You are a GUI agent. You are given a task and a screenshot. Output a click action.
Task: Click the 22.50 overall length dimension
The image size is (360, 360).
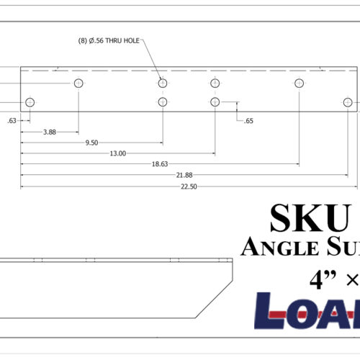tap(189, 186)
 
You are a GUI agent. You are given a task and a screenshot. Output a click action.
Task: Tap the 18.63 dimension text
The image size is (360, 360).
tap(159, 164)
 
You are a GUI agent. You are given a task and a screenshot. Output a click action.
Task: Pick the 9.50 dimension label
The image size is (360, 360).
tap(91, 143)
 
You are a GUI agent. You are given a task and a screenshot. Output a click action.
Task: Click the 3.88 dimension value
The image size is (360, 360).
tap(50, 132)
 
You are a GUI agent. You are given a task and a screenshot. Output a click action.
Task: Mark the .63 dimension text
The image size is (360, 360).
tap(12, 121)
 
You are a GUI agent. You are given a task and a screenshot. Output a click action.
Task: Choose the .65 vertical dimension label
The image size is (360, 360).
tap(248, 121)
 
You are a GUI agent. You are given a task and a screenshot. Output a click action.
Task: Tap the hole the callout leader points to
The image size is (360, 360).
tap(163, 84)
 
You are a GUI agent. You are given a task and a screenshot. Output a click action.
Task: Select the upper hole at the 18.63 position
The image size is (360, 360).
tap(298, 84)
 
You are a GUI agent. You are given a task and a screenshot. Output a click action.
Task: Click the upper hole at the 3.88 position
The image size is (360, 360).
tap(78, 84)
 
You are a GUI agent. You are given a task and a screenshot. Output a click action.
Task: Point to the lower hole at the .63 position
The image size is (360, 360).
tap(30, 102)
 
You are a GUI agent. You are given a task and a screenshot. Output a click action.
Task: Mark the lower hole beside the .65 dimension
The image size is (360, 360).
tap(215, 102)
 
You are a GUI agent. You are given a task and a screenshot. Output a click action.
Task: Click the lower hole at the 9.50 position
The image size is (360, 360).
tap(163, 102)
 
